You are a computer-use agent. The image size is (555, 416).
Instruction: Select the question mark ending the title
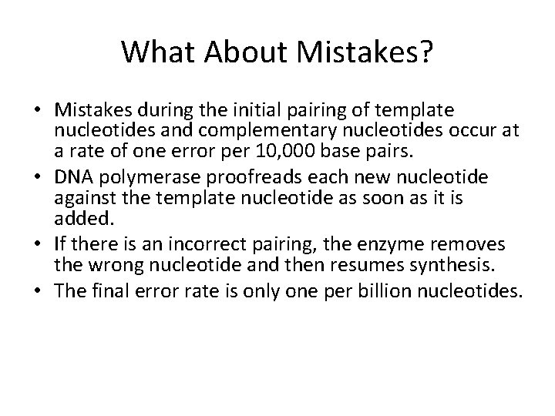click(x=428, y=53)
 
